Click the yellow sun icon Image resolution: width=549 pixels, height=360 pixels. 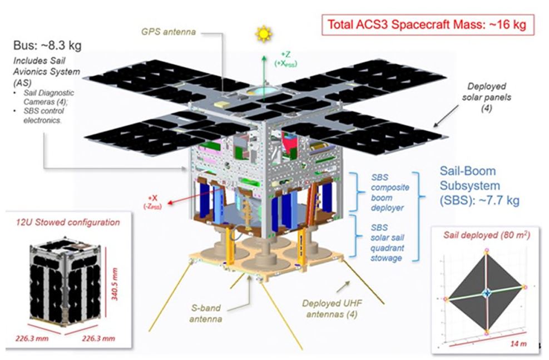263,33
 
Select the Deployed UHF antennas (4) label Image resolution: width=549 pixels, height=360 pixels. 330,309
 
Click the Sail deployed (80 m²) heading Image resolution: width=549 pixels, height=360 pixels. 486,235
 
